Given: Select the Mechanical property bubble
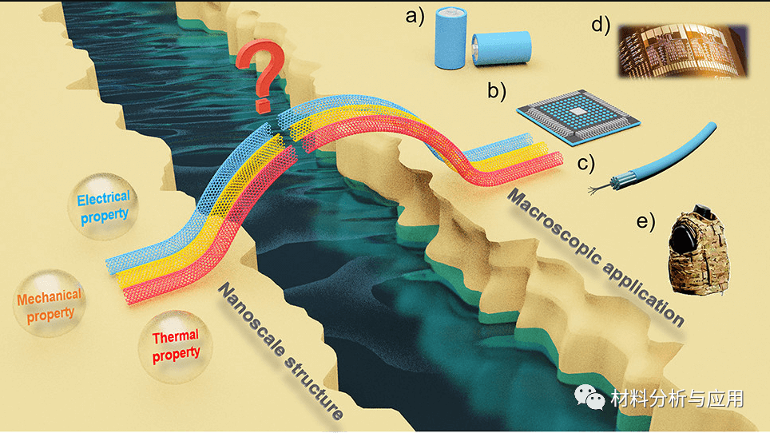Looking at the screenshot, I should pyautogui.click(x=49, y=304).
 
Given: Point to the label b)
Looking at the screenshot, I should pyautogui.click(x=497, y=91).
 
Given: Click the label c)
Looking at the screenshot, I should pyautogui.click(x=587, y=165).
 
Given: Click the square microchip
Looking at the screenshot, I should pyautogui.click(x=577, y=115).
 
